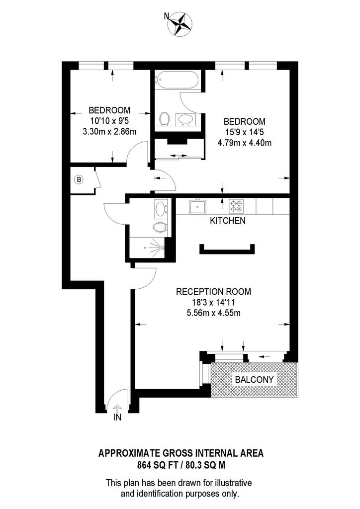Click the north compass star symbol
click(180, 24)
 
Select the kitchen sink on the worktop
click(198, 206)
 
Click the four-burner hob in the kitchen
click(236, 206)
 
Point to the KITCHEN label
click(228, 221)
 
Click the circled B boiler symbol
click(79, 179)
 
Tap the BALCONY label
click(254, 379)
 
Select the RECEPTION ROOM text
click(213, 291)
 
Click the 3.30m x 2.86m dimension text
click(109, 132)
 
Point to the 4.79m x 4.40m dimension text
click(245, 143)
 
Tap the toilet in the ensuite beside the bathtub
click(164, 119)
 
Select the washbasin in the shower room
click(161, 208)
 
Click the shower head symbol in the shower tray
click(161, 249)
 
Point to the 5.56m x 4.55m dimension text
click(213, 313)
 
